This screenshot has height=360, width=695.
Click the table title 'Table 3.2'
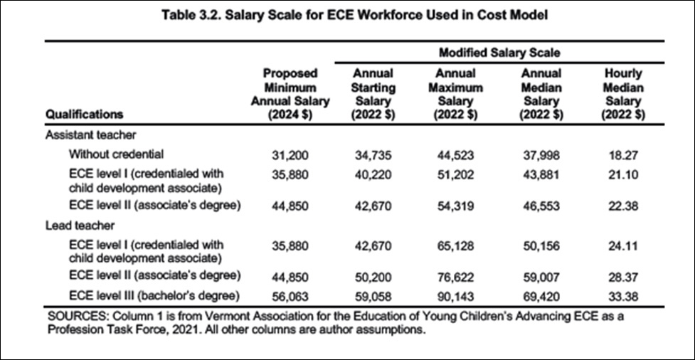tap(195, 16)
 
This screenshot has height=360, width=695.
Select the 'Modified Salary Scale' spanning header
tap(499, 53)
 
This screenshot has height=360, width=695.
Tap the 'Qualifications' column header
tap(84, 115)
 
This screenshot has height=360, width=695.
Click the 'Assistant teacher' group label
tap(90, 134)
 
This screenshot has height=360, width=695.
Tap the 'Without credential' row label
tap(116, 154)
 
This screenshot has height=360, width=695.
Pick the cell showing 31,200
tap(290, 155)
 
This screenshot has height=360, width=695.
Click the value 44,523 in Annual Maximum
tap(455, 155)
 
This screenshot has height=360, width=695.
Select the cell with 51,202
tap(455, 175)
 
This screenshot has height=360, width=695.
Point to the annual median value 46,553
tap(542, 206)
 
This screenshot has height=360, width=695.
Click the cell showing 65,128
tap(455, 246)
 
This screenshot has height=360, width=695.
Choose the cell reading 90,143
tap(455, 296)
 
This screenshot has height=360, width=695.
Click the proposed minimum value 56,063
tap(290, 296)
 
